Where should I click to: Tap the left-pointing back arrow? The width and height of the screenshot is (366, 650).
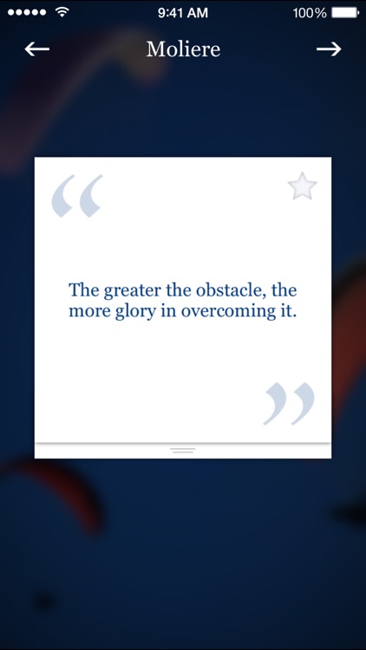point(37,49)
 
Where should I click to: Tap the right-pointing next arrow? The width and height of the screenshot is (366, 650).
point(329,49)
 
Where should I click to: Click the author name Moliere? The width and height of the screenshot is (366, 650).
point(183,49)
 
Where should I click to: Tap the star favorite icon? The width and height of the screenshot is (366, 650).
point(302,186)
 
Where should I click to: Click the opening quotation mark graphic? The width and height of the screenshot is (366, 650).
point(76,196)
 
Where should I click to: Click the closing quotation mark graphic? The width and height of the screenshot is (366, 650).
point(289,404)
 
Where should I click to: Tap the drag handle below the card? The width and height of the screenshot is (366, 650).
point(183,451)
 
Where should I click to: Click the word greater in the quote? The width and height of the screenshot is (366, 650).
point(133,290)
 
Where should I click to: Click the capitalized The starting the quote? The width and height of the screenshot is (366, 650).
point(84,290)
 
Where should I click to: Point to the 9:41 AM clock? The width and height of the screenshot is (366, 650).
point(183,12)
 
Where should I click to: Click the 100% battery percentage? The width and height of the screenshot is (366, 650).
point(310,12)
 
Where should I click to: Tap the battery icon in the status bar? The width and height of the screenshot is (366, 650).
point(345,12)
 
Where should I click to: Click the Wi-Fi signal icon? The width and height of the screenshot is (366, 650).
point(62,12)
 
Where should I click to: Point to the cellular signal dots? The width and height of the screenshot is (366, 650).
point(26,12)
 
